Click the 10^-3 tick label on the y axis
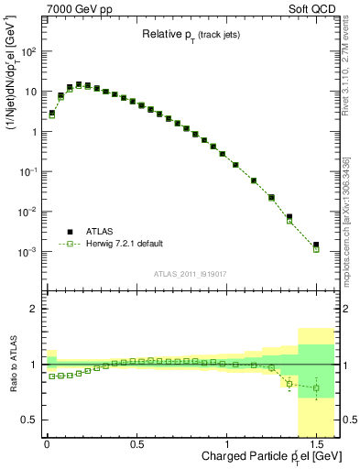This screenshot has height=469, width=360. point(27,252)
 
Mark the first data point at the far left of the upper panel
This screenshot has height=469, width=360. point(52,114)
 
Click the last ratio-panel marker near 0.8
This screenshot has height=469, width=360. point(316,387)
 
